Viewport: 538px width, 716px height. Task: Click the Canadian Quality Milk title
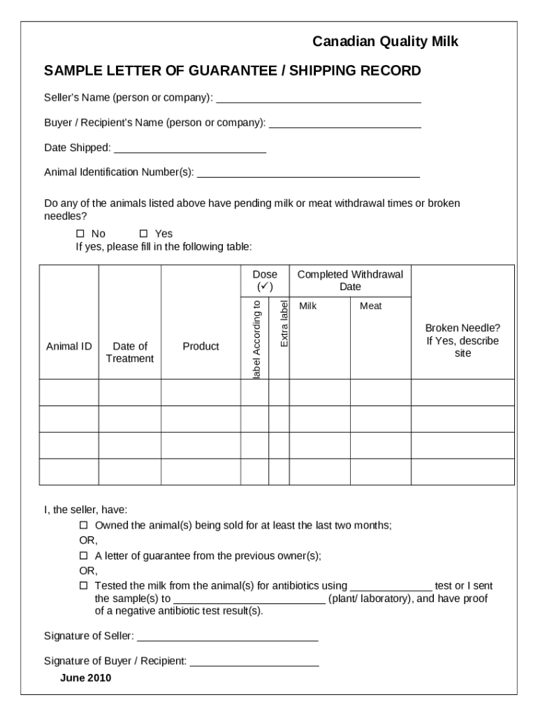pyautogui.click(x=385, y=43)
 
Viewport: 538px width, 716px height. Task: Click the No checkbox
pyautogui.click(x=80, y=234)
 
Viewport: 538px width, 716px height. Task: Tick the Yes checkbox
pyautogui.click(x=144, y=234)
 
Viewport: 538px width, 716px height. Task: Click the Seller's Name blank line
pyautogui.click(x=319, y=99)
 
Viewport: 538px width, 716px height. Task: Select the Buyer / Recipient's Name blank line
pyautogui.click(x=344, y=124)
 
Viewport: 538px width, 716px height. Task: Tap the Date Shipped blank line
pyautogui.click(x=189, y=149)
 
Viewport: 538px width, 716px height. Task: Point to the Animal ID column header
pyautogui.click(x=69, y=346)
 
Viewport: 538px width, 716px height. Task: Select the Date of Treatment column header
pyautogui.click(x=130, y=352)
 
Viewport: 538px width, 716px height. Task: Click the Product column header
pyautogui.click(x=201, y=346)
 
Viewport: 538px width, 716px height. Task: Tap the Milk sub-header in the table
pyautogui.click(x=308, y=306)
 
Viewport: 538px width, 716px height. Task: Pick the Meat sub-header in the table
pyautogui.click(x=371, y=306)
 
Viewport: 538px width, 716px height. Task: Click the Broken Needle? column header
pyautogui.click(x=463, y=341)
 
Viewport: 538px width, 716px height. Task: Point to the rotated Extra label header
pyautogui.click(x=284, y=323)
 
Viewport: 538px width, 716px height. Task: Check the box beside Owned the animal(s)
pyautogui.click(x=83, y=525)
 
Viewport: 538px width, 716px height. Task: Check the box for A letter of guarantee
pyautogui.click(x=83, y=556)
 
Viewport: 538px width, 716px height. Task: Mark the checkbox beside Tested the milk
pyautogui.click(x=83, y=585)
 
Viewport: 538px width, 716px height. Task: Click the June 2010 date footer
pyautogui.click(x=86, y=678)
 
